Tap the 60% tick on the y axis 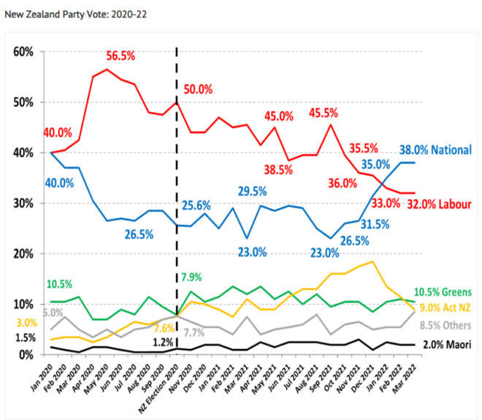pyautogui.click(x=24, y=52)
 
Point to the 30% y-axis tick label pyautogui.click(x=24, y=203)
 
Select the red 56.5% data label pyautogui.click(x=127, y=56)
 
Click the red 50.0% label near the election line pyautogui.click(x=198, y=89)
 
